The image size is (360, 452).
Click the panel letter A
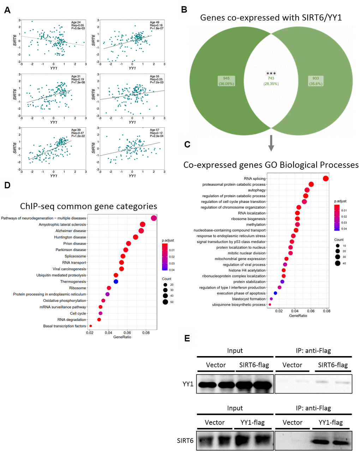[x=7, y=11]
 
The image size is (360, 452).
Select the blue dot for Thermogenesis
[x=116, y=281]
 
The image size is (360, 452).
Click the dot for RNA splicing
[x=325, y=178]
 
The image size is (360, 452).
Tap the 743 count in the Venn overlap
[x=271, y=78]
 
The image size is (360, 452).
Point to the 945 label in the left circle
[x=226, y=78]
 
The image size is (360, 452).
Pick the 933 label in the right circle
[x=316, y=78]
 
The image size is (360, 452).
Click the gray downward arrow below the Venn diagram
[x=271, y=143]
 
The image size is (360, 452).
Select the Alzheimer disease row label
[x=71, y=231]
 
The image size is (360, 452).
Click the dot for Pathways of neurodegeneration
[x=154, y=218]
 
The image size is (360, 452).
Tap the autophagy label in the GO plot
[x=257, y=190]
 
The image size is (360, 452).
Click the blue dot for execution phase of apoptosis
[x=275, y=293]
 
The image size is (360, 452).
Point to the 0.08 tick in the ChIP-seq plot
[x=146, y=332]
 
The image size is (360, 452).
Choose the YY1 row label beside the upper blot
[x=188, y=384]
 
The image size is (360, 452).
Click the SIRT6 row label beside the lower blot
[x=185, y=440]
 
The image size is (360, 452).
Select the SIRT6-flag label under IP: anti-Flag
[x=332, y=365]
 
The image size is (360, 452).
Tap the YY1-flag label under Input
[x=252, y=422]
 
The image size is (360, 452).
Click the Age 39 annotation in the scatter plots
[x=76, y=130]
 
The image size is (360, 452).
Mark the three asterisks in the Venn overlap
[x=271, y=73]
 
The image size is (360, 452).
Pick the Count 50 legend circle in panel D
[x=165, y=302]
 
